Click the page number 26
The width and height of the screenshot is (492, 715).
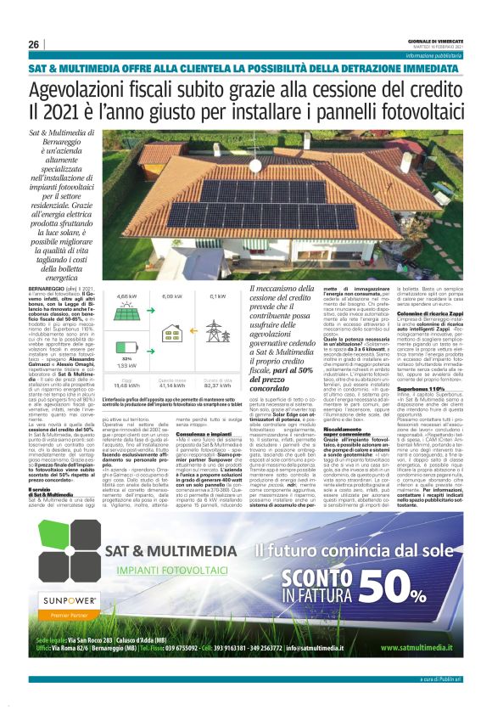pos(34,44)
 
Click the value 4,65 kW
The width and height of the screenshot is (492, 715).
pos(126,297)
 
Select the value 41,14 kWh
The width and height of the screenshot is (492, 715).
pos(172,386)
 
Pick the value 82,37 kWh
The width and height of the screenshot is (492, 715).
pos(218,386)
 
